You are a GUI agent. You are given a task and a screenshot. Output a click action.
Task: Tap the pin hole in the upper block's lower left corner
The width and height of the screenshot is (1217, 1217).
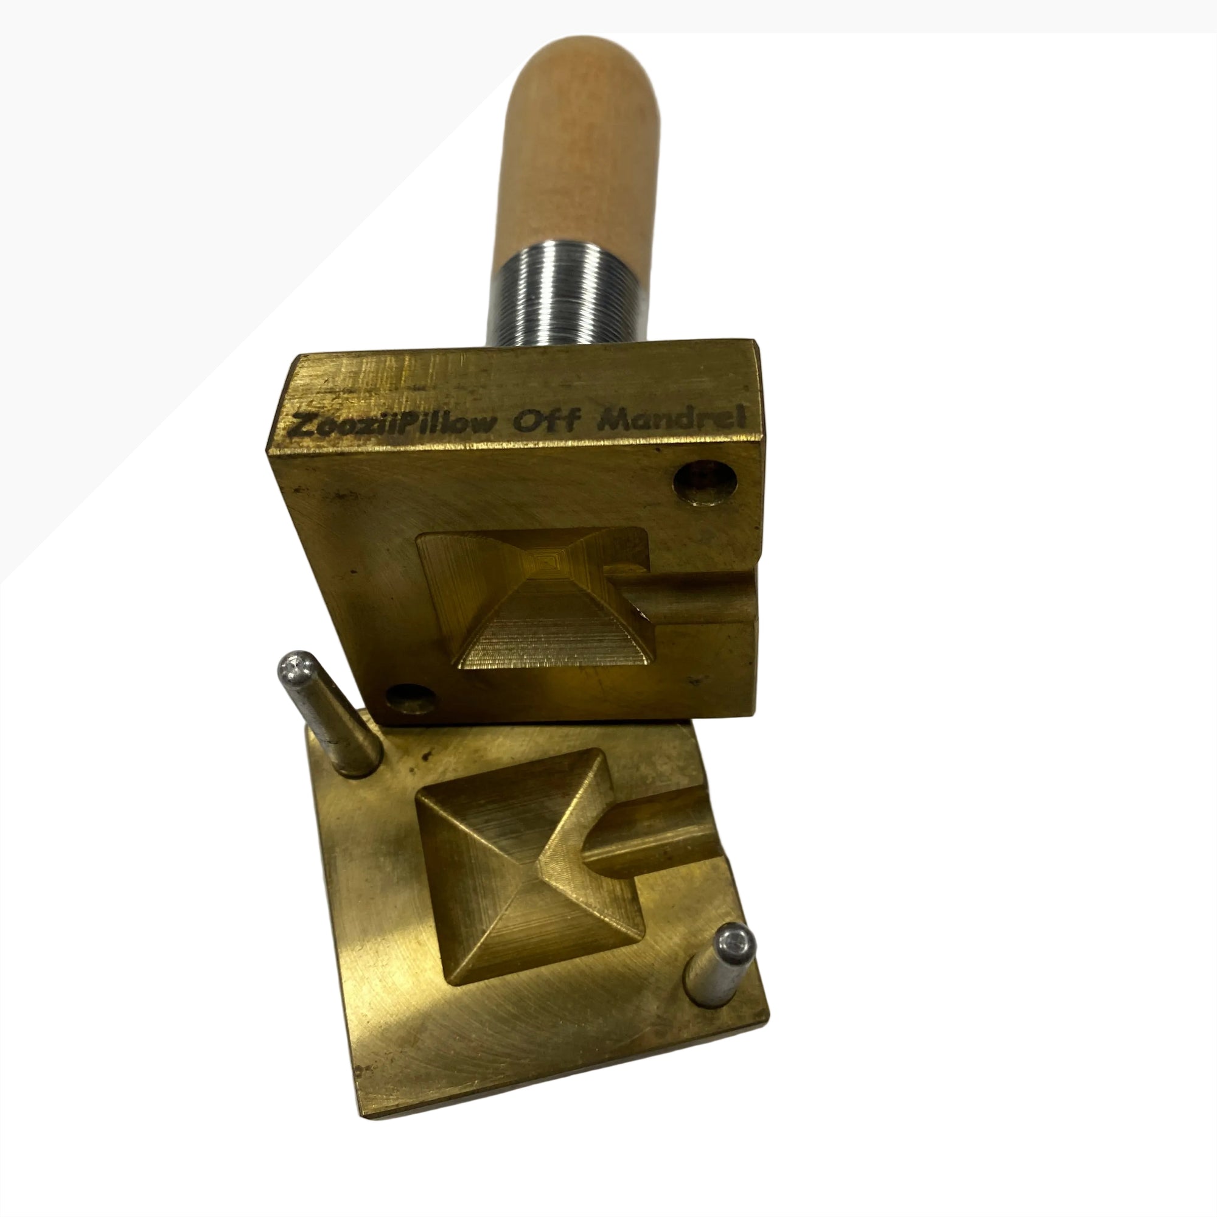410,698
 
